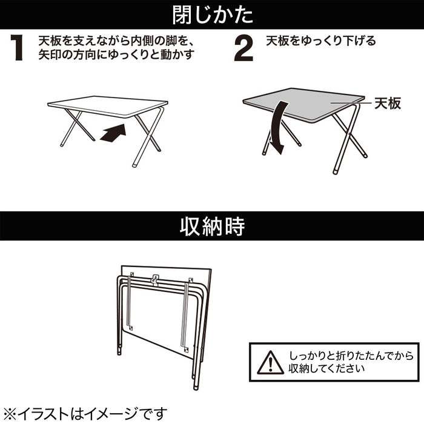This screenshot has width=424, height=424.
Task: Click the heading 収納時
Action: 212,227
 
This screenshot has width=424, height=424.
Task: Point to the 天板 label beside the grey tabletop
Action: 387,104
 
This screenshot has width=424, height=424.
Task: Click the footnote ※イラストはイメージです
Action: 85,414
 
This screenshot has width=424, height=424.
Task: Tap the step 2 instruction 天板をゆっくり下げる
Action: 321,41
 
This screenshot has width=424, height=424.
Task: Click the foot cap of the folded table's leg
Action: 195,384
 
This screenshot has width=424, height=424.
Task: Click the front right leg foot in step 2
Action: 336,171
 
